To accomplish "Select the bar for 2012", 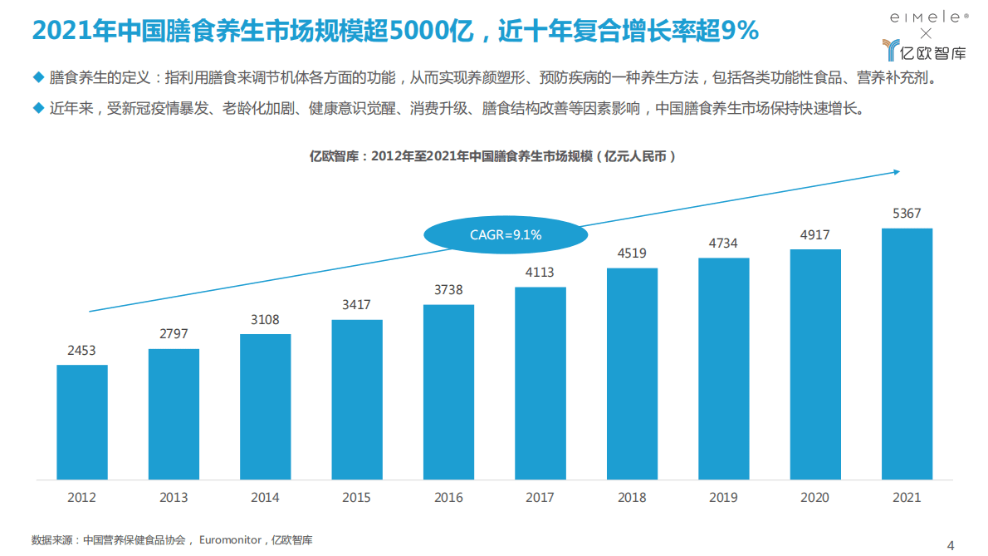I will (x=82, y=422).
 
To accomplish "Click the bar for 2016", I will (x=448, y=392).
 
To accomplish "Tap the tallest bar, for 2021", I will (x=907, y=354).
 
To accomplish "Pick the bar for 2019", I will (x=723, y=369).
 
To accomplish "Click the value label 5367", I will (x=907, y=214).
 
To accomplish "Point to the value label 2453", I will (x=82, y=351).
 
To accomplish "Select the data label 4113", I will (x=540, y=273).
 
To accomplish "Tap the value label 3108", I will (x=265, y=320).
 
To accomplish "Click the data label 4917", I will (x=814, y=235).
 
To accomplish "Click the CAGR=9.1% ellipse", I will (x=505, y=235).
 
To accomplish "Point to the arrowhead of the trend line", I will (x=896, y=172).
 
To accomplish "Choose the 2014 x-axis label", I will (x=265, y=498).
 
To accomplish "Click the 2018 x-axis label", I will (x=632, y=498).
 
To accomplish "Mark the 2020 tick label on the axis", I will (x=814, y=498).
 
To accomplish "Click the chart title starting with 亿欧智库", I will (x=493, y=155).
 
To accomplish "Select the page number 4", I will (x=951, y=545).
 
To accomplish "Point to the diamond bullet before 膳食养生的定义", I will (x=37, y=79).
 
